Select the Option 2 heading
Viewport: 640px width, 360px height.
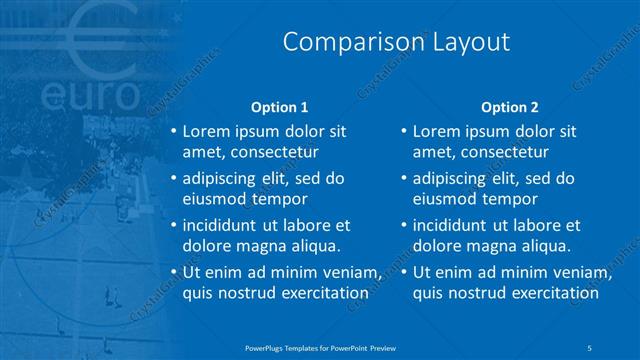(509, 107)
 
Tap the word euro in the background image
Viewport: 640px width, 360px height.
(91, 96)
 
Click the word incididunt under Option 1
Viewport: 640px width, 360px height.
(222, 225)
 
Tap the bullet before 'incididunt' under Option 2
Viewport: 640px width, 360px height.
(403, 226)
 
